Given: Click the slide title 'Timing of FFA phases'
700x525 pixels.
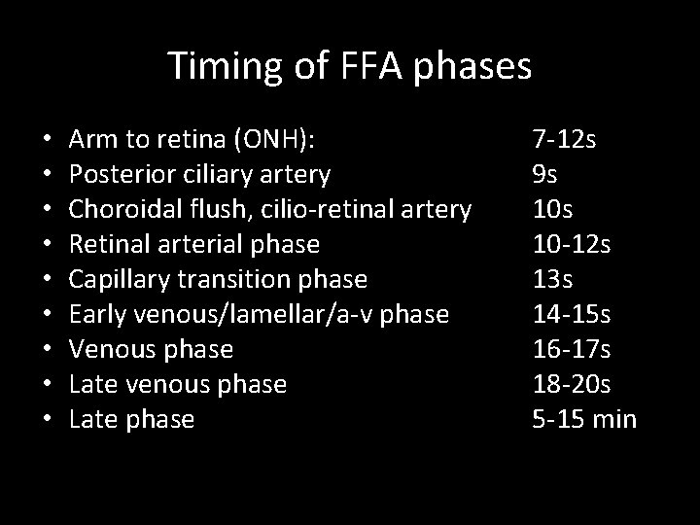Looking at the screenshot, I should click(x=350, y=66).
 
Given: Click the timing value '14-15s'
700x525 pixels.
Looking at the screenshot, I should click(x=573, y=314).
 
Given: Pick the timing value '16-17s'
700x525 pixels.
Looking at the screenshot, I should click(x=573, y=349).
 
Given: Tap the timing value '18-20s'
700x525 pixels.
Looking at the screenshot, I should click(x=573, y=384).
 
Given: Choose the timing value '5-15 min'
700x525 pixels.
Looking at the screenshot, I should click(x=583, y=419).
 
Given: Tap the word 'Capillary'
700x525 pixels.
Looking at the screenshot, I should click(x=121, y=280).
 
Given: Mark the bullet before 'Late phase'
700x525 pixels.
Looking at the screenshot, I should click(x=47, y=420).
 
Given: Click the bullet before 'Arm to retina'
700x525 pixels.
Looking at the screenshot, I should click(x=47, y=140).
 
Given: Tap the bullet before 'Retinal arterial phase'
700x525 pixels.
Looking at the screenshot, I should click(x=47, y=245).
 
